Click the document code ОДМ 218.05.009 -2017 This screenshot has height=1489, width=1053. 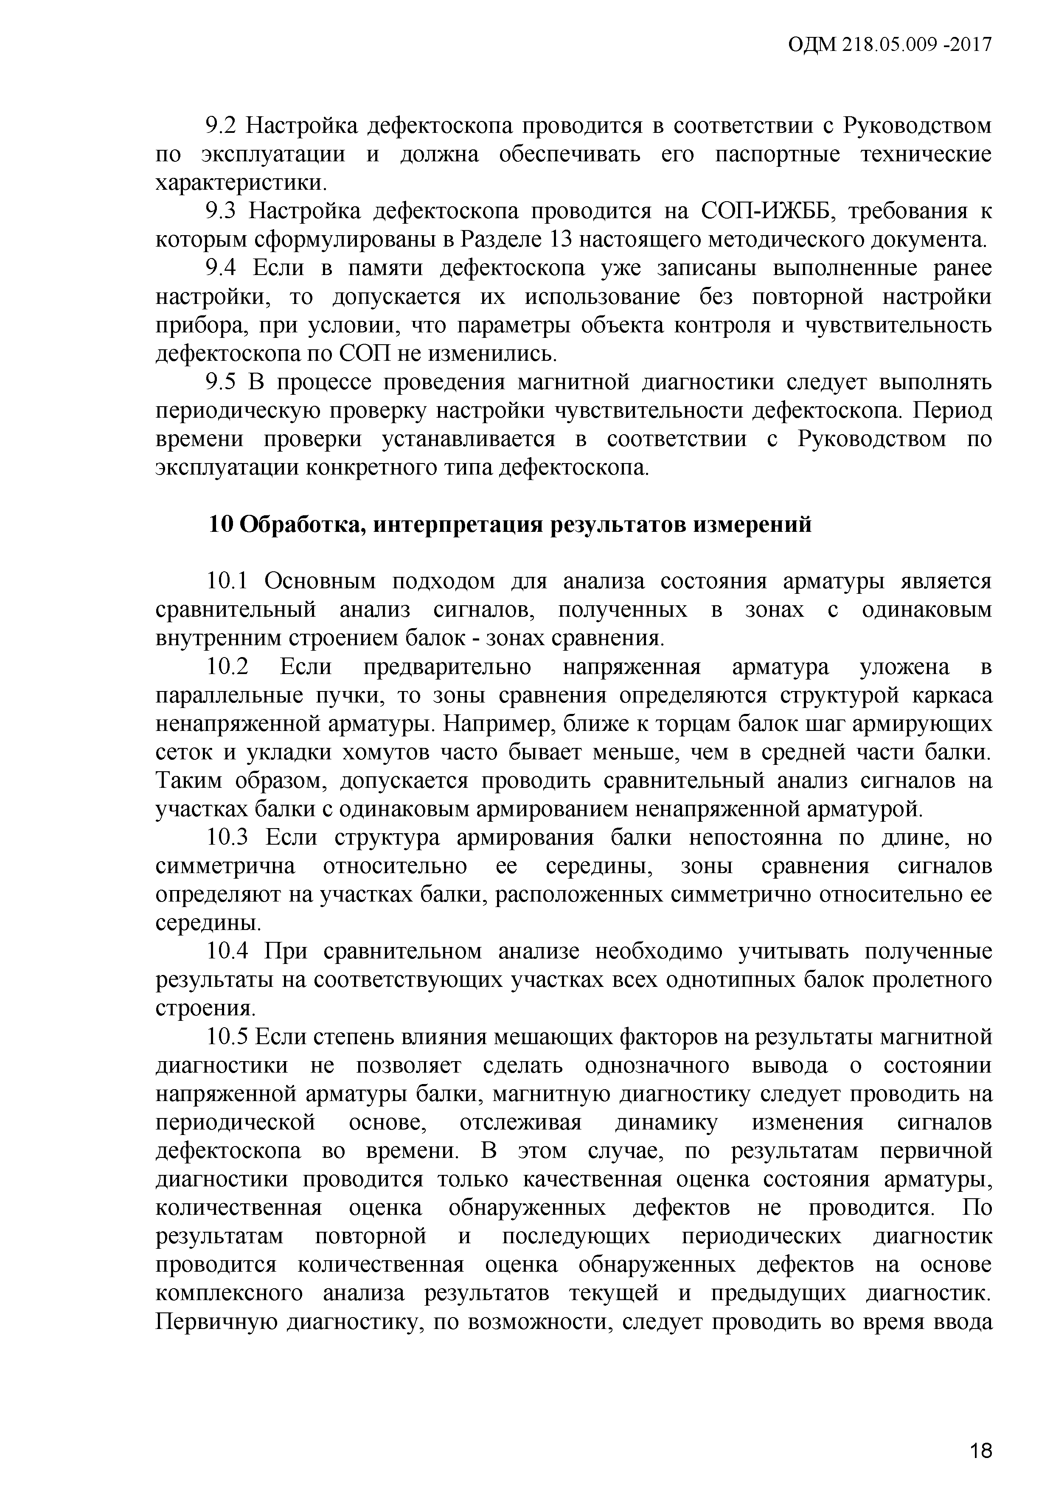pyautogui.click(x=890, y=45)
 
